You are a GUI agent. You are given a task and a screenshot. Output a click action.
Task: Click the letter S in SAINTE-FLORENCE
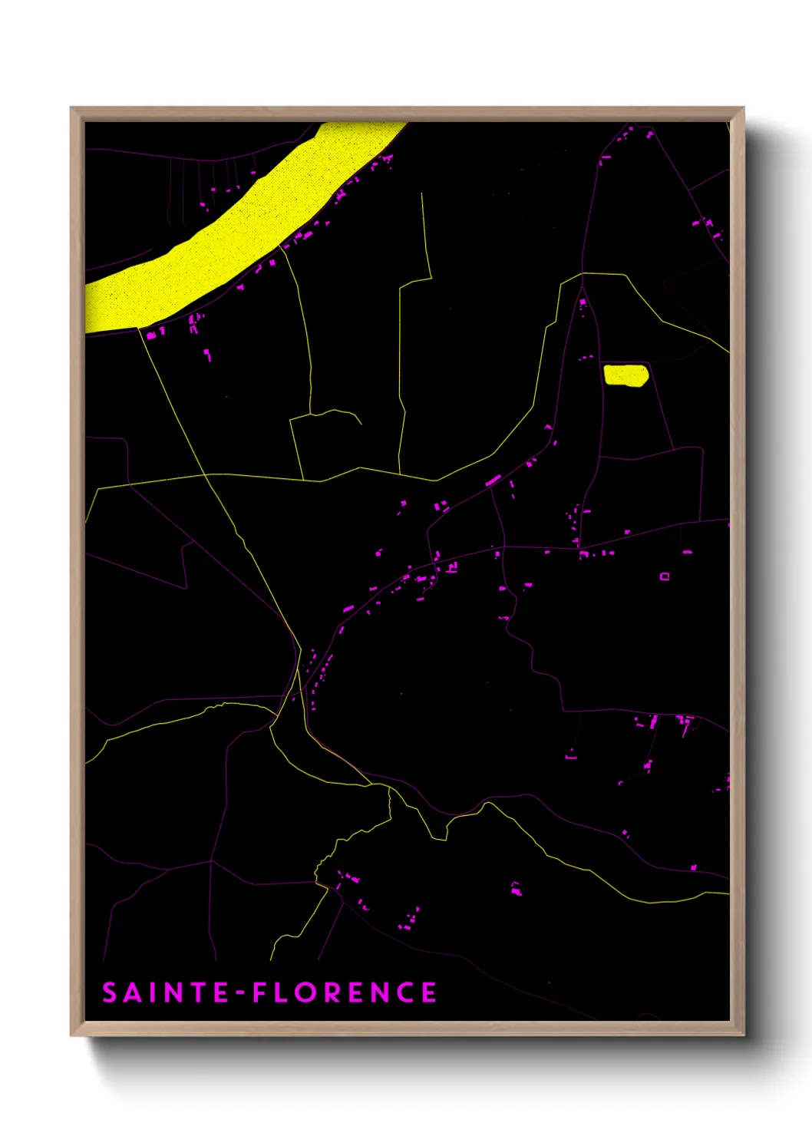(110, 992)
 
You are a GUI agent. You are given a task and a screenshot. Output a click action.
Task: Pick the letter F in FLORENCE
(261, 992)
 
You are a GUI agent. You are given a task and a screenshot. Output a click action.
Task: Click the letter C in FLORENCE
(405, 992)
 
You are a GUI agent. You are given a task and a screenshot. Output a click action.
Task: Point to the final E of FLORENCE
(430, 992)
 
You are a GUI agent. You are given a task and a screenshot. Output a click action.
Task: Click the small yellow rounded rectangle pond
(626, 375)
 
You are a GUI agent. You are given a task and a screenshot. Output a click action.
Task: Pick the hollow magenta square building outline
(665, 576)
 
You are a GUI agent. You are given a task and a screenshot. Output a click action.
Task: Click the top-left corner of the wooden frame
(71, 108)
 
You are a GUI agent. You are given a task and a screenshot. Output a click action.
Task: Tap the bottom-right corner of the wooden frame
(743, 1035)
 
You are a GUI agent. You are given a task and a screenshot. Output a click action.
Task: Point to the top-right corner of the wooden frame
(743, 108)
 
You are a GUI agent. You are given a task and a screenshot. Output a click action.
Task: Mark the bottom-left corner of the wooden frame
(71, 1035)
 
